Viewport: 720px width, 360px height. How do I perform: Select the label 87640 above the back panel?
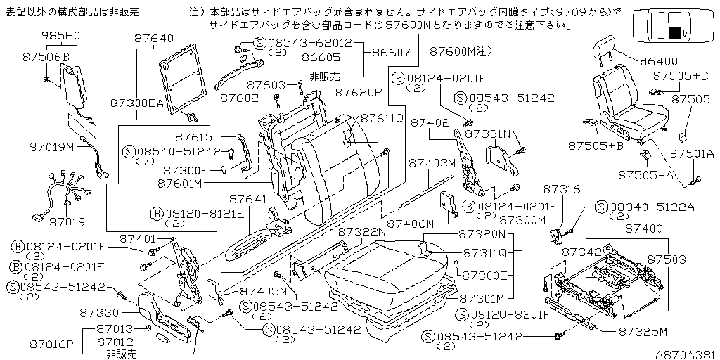coord(152,39)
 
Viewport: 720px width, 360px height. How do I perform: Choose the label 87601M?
coord(179,184)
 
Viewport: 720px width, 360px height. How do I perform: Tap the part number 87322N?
coord(362,231)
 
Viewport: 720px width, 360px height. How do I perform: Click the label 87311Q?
coord(487,251)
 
